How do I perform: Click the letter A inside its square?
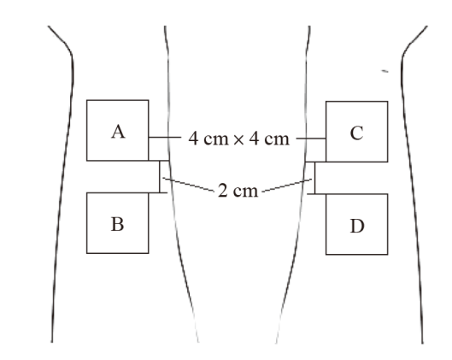coord(118,133)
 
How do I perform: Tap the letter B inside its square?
coord(118,224)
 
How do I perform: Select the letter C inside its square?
coord(356,133)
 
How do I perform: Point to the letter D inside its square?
coord(357,226)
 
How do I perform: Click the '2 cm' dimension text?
coord(238,191)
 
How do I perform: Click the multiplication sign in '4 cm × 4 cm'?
coord(238,140)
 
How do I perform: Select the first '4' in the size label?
coord(193,139)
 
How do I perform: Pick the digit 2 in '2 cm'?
coord(222,191)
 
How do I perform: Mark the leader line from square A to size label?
coord(165,138)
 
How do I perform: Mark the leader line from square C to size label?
coord(311,139)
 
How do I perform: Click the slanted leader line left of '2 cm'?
coord(189,185)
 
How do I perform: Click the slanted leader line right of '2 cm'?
coord(287,186)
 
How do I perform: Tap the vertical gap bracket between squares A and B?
coord(160,176)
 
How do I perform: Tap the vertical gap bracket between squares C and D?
coord(314,178)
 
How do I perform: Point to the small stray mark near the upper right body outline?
coord(384,71)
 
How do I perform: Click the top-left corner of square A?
coord(87,100)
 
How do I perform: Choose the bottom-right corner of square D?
coord(388,255)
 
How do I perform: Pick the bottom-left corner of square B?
coord(87,253)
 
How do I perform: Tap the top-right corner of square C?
coord(388,102)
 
